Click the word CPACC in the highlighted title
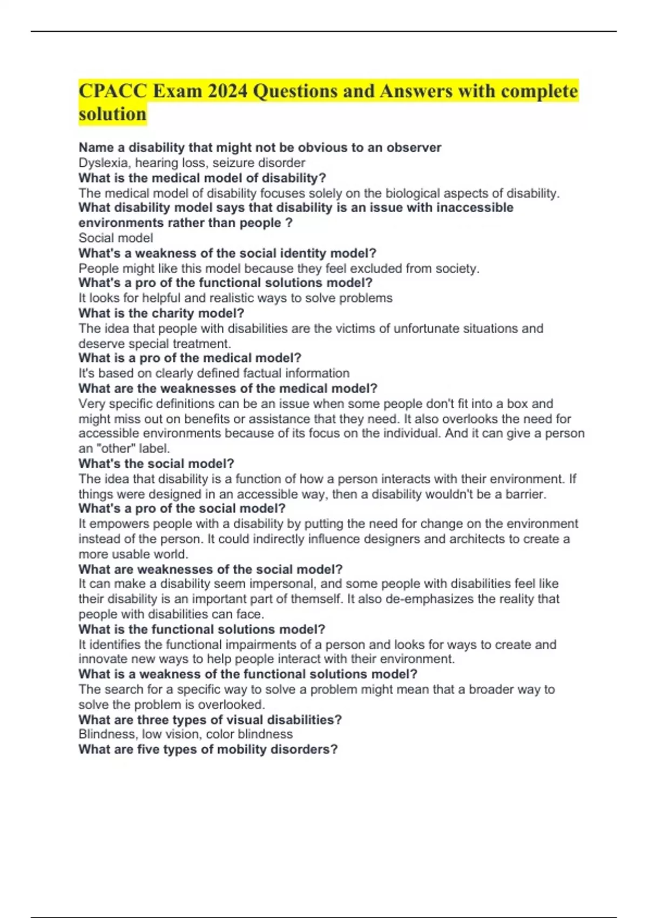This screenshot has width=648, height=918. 113,91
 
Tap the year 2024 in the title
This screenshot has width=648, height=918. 227,91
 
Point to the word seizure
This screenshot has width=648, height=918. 234,163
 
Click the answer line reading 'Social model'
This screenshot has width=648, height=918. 116,238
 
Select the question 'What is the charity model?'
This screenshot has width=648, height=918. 161,313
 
